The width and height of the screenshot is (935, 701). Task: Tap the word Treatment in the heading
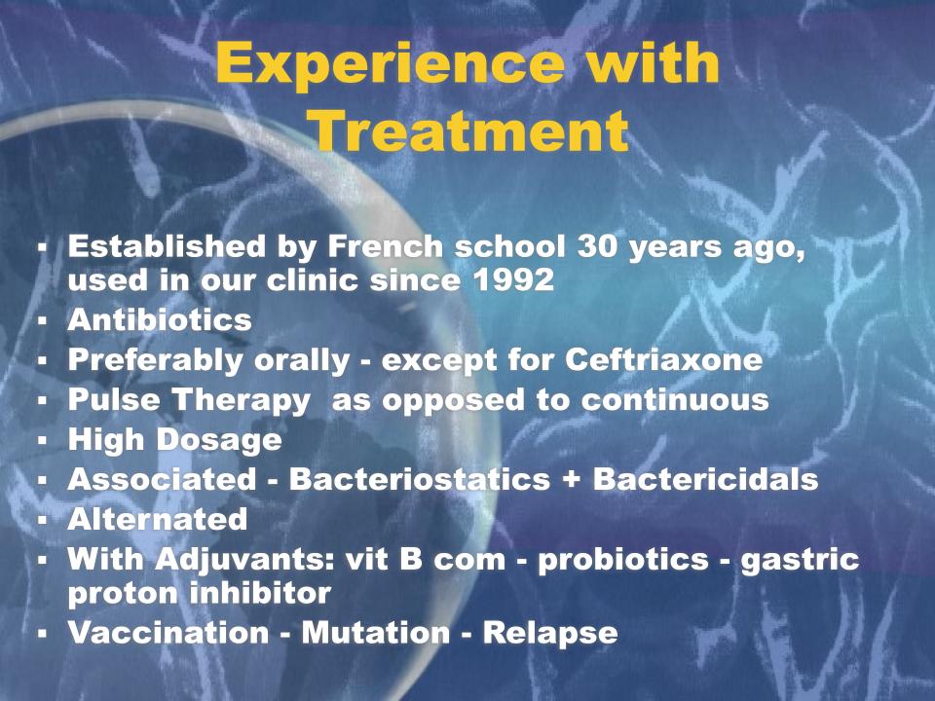[470, 131]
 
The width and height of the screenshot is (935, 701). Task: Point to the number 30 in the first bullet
[597, 246]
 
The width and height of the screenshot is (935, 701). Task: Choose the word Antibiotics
[160, 320]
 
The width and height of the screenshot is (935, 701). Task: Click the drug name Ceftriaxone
[663, 359]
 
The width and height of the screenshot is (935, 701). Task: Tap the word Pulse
[114, 399]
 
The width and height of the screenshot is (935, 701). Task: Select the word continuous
[675, 400]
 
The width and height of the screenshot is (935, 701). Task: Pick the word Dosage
[219, 441]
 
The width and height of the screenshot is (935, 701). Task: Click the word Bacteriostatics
[420, 479]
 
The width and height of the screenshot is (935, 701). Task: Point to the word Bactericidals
[705, 479]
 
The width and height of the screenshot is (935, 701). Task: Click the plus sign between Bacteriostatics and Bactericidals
[572, 480]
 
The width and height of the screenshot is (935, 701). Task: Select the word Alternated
[158, 519]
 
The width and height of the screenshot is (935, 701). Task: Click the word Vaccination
[168, 633]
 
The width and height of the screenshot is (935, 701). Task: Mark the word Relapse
[549, 634]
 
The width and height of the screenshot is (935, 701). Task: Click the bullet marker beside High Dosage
[42, 441]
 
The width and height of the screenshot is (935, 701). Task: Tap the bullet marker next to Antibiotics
[42, 320]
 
